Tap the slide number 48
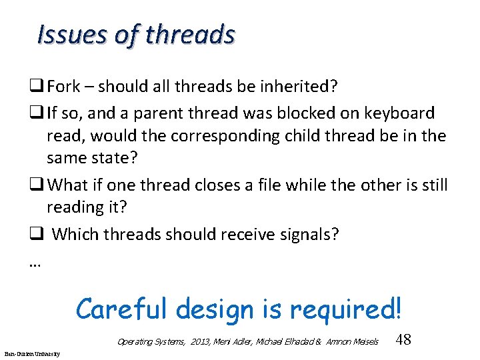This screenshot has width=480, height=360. (403, 339)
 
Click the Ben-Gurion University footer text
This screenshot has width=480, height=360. (31, 353)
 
